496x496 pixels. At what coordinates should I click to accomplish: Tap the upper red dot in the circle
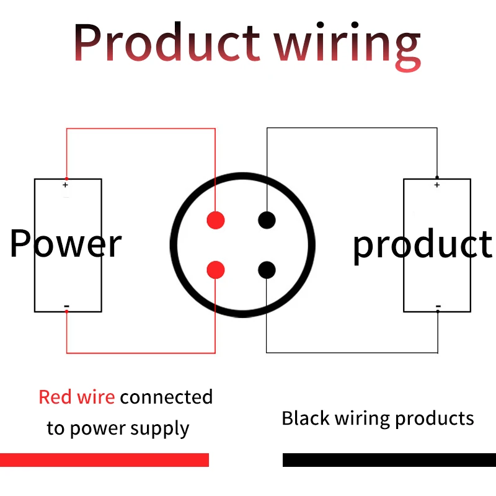(215, 219)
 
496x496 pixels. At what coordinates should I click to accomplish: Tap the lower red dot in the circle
(215, 270)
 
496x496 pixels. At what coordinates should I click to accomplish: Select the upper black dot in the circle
(267, 219)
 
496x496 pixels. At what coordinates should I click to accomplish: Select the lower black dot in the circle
(267, 270)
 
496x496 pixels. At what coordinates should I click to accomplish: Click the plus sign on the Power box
(66, 185)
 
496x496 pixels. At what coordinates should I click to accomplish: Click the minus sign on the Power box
(66, 306)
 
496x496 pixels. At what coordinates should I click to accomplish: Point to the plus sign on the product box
(437, 185)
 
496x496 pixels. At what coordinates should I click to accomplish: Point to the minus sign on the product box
(438, 306)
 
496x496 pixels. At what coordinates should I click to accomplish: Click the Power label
(66, 244)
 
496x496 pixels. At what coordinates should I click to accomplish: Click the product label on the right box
(422, 246)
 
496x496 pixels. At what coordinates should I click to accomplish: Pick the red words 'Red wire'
(76, 397)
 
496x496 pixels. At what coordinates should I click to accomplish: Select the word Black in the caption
(306, 418)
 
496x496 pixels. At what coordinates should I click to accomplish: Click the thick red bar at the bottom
(104, 460)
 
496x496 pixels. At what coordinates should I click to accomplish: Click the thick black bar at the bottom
(389, 460)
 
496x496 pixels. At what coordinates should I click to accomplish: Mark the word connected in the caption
(166, 397)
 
